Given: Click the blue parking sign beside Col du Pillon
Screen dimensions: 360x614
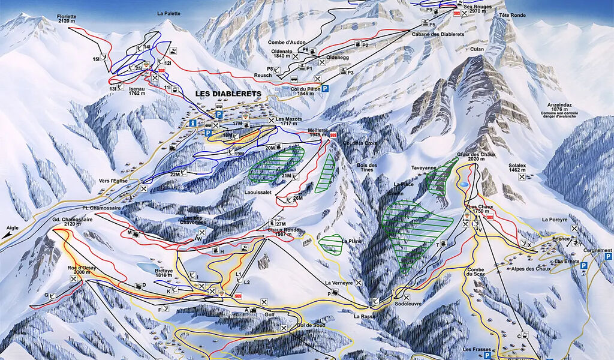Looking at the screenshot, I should tap(326, 88).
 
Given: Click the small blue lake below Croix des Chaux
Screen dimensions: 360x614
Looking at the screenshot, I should tap(464, 186).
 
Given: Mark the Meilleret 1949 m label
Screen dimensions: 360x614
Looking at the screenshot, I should tap(317, 133).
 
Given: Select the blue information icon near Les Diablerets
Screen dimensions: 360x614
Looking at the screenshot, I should tap(192, 123).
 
